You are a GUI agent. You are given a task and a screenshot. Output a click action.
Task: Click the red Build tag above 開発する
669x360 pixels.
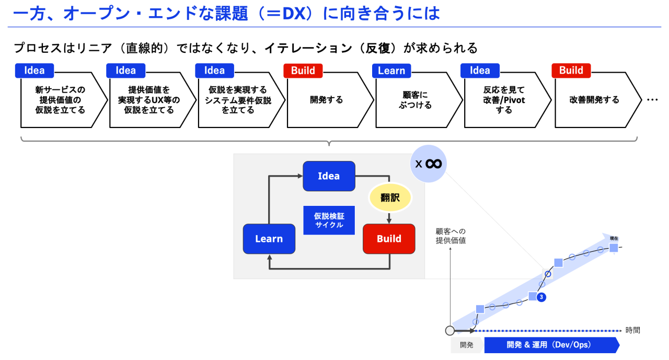tap(303, 71)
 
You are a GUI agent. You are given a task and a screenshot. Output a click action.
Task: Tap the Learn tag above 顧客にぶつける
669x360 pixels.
tap(391, 71)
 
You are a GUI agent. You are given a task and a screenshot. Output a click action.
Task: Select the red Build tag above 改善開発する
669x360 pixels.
tap(571, 71)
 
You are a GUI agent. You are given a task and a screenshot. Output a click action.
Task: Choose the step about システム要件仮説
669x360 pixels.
tap(238, 100)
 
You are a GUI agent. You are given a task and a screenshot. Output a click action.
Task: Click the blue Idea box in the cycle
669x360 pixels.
tap(329, 176)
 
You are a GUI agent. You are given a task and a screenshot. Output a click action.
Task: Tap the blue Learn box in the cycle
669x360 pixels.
tap(269, 239)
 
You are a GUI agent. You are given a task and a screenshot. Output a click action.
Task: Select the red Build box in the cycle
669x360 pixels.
tap(389, 239)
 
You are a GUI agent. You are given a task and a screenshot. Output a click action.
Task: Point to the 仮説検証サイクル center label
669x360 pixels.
tap(329, 220)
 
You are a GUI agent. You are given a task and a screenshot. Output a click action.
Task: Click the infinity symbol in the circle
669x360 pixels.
tap(433, 164)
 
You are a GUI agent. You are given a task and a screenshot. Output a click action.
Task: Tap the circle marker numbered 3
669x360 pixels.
tap(541, 297)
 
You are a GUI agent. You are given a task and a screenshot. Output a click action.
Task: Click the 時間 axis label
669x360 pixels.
tap(632, 330)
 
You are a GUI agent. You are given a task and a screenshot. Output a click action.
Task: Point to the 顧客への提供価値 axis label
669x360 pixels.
tap(451, 236)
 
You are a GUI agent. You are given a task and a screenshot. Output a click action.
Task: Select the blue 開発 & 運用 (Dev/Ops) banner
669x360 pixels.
tap(551, 345)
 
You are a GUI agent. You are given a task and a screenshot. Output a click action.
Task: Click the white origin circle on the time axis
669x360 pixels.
tap(449, 330)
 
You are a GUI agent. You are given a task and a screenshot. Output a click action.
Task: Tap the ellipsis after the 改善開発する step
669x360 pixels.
tap(652, 100)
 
